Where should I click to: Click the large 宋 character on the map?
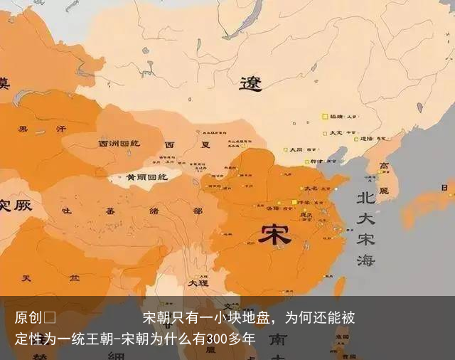coord(274,235)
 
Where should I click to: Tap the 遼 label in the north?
coord(250,85)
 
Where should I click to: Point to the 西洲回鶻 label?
coord(118,144)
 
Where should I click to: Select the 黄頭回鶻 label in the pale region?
coord(142,176)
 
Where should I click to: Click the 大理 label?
coord(198,282)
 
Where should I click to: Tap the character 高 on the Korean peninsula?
coord(385,167)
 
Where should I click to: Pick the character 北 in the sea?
coord(365,197)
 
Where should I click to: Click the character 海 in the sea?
coord(365,260)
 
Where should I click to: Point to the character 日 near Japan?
coord(445,188)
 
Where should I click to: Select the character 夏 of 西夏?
coord(205,144)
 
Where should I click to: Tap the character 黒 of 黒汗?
coord(23,129)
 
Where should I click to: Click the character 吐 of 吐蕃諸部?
coord(67,211)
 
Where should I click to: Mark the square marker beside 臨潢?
coord(325,116)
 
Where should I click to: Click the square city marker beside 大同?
coord(286,150)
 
